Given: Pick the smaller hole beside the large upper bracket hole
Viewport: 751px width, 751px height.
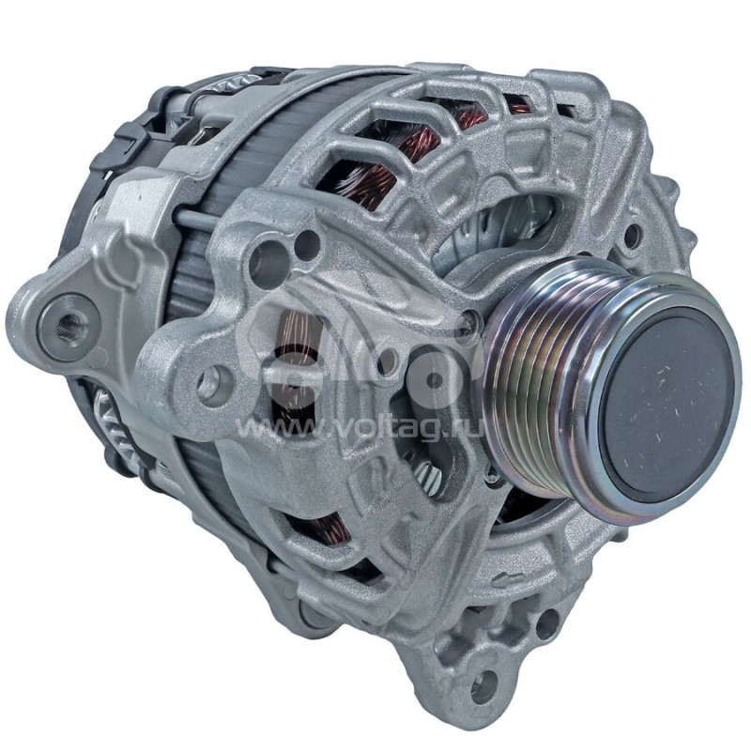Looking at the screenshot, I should [x=306, y=246].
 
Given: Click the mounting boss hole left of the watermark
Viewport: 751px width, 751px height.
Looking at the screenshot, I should [x=215, y=380].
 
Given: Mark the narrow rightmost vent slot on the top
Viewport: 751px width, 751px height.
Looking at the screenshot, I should [x=569, y=111].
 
